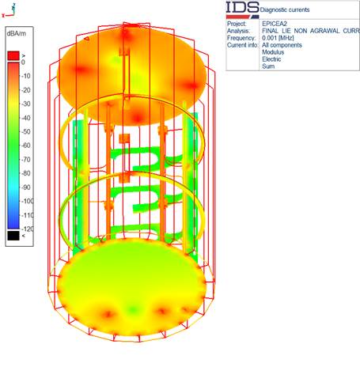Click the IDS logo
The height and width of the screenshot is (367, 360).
coord(243,10)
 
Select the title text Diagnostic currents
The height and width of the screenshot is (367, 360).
coord(285,10)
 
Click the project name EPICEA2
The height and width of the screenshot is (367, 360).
coord(275,24)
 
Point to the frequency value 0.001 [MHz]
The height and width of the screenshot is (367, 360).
coord(278,38)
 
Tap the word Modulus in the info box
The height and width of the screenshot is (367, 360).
coord(273,52)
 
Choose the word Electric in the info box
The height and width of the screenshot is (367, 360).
coord(271,59)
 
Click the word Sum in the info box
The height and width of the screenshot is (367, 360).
coord(268,66)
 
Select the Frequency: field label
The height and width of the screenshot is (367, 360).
coord(241,38)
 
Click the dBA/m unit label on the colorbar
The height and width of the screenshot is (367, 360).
coord(17,34)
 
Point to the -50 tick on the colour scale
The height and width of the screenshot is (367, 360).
coord(26,131)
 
